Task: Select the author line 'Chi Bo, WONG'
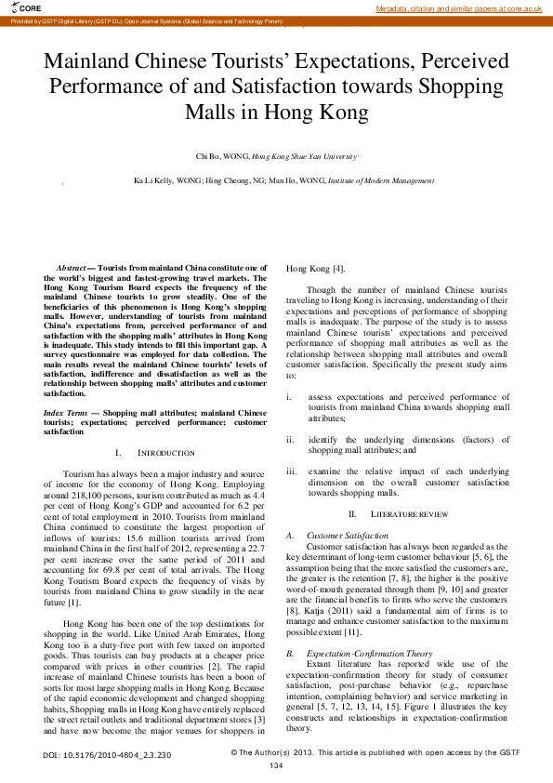coord(222,158)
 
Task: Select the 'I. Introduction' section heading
coord(154,452)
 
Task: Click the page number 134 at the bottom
coord(276,765)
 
